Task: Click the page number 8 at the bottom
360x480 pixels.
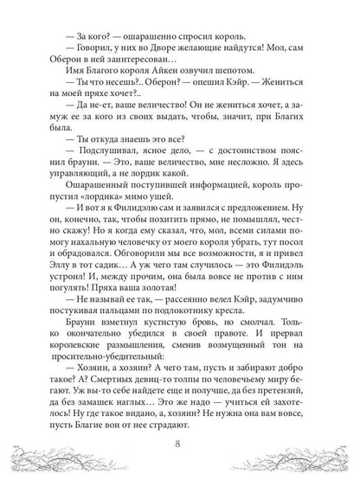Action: [180, 445]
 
